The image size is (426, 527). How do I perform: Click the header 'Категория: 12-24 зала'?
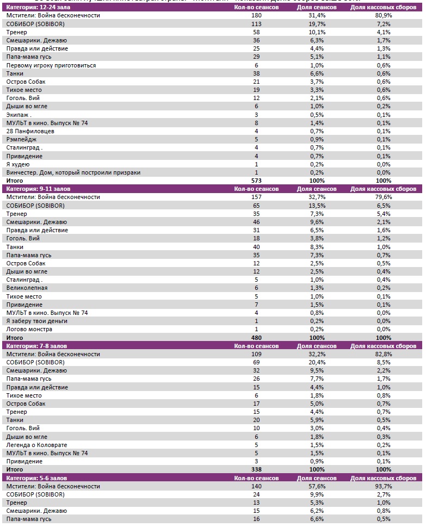[x=35, y=8]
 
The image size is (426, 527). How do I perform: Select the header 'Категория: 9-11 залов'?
[x=35, y=189]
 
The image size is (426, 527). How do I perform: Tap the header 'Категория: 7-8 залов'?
[x=34, y=346]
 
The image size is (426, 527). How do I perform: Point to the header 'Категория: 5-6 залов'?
[x=34, y=478]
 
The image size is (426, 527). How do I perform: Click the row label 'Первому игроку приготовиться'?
[x=51, y=65]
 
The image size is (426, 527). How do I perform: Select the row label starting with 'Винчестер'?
[x=73, y=172]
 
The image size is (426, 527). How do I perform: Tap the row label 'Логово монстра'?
[x=29, y=329]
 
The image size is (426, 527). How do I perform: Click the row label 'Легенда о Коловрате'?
[x=36, y=445]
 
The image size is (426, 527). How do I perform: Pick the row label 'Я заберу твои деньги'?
[x=37, y=321]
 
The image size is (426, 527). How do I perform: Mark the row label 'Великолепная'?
[x=27, y=288]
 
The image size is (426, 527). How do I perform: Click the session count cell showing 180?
[x=256, y=16]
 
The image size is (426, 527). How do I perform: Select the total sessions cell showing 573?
[x=256, y=181]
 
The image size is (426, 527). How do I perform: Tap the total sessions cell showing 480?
[x=256, y=338]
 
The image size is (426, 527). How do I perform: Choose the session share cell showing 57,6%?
[x=317, y=486]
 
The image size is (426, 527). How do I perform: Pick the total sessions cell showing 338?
[x=256, y=469]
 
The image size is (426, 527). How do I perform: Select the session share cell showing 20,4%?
[x=317, y=362]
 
